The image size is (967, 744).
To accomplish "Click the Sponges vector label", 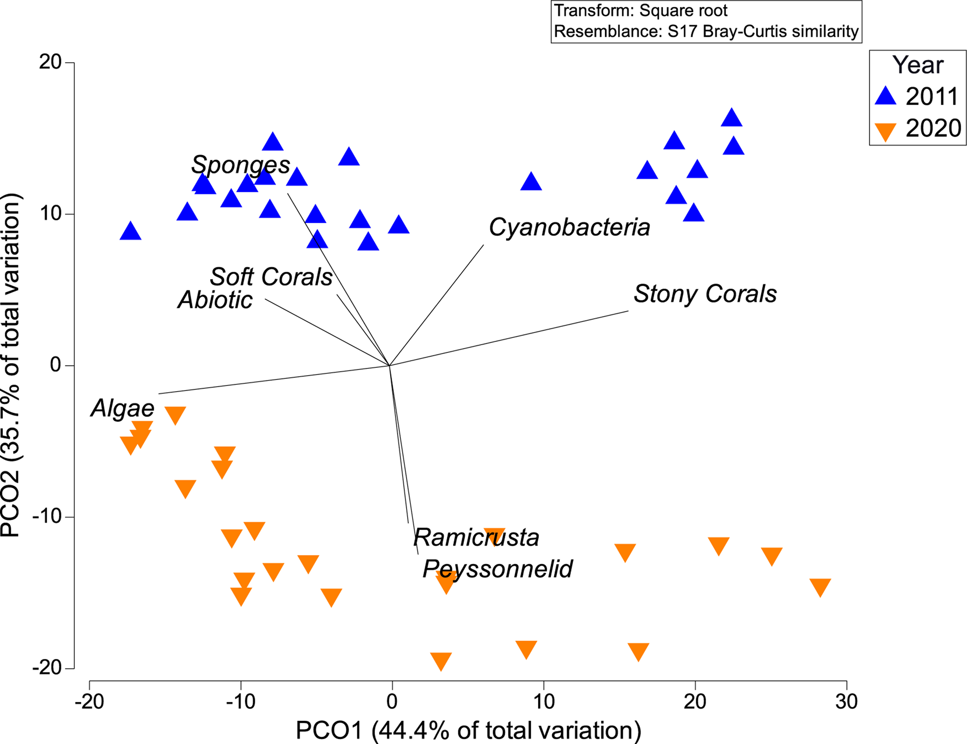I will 240,165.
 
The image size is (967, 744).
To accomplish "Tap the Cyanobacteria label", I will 569,227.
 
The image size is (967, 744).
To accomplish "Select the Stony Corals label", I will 705,294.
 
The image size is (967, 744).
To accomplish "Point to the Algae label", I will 123,408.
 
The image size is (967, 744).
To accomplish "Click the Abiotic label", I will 215,300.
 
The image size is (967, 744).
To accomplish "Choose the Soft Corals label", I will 271,277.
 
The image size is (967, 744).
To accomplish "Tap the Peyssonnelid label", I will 497,569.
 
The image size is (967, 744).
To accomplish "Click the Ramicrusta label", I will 476,538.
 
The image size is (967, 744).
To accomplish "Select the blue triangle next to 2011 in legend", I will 886,96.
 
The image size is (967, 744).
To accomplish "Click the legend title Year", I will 917,65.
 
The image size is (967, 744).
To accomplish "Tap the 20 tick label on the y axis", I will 50,62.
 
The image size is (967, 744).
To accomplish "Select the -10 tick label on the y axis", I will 46,517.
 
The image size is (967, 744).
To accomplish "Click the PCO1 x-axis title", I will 468,730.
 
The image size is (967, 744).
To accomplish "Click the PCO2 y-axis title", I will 12,365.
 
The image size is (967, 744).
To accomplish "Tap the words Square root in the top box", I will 683,11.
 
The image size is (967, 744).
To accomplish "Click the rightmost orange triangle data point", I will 820,587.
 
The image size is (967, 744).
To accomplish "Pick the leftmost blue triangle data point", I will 131,232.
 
